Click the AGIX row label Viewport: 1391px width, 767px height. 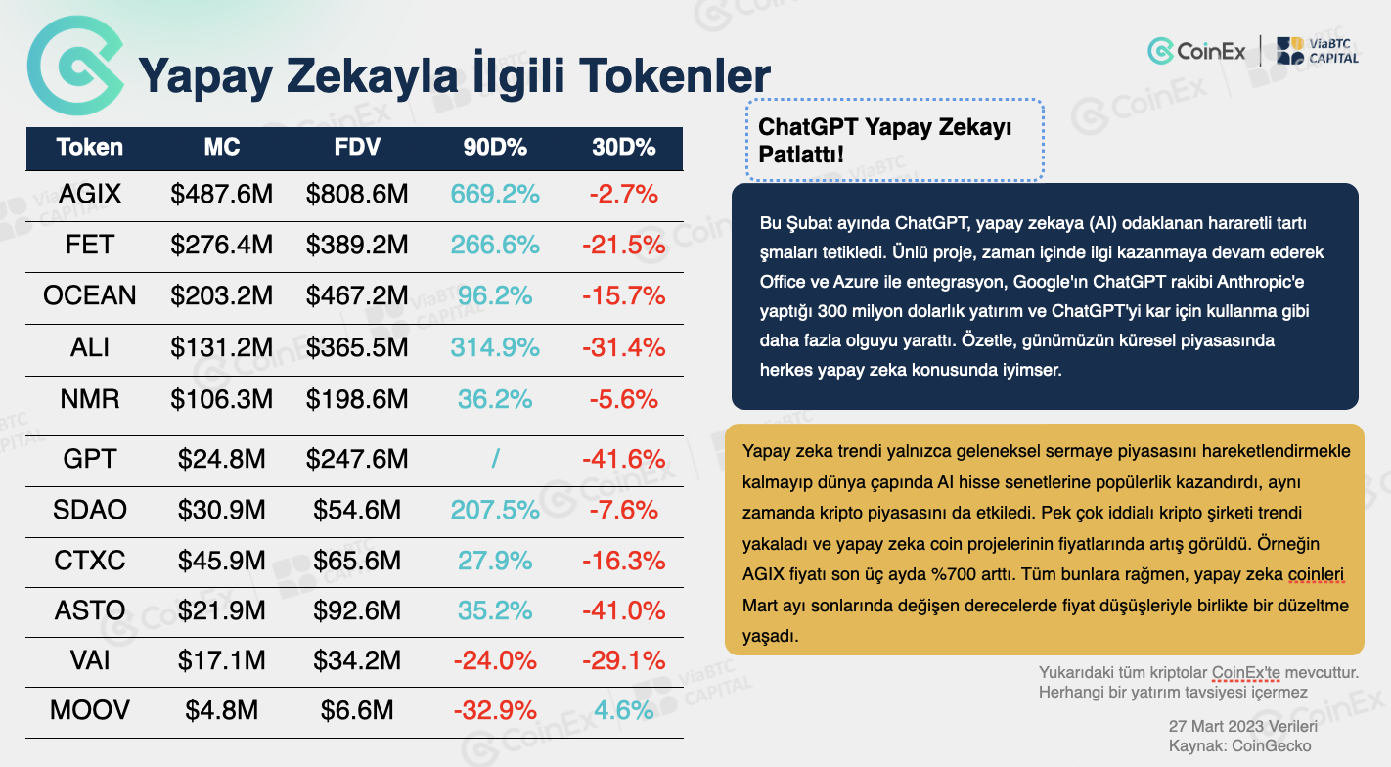tap(90, 194)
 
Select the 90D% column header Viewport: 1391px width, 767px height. tap(495, 148)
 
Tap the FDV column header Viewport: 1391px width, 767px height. tap(357, 148)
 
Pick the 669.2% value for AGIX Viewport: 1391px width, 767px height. tap(495, 194)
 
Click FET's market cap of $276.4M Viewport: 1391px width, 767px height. tap(222, 245)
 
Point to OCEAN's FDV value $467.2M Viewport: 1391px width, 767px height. tap(357, 295)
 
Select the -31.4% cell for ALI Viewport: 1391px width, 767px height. tap(623, 347)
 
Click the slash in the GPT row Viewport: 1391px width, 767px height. tap(495, 459)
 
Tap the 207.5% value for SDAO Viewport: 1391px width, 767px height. tap(495, 510)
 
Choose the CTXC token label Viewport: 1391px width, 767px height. tap(90, 561)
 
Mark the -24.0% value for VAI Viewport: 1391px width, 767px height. tap(495, 662)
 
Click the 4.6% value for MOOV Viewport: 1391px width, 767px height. tap(623, 709)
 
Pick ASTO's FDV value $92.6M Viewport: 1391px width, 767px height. tap(357, 611)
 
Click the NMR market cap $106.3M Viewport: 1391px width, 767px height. tap(222, 398)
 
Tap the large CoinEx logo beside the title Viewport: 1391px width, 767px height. tap(74, 65)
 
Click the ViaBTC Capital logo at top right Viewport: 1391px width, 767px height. tap(1317, 50)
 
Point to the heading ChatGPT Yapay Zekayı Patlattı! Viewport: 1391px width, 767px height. tap(885, 140)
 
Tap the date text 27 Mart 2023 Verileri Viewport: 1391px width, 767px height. tap(1242, 727)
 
